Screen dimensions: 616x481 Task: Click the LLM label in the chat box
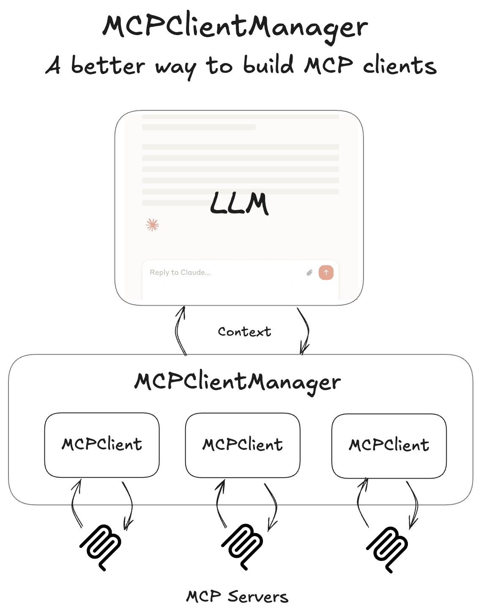coord(239,203)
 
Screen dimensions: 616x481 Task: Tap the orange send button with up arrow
coord(326,273)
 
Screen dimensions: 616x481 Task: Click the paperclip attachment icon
coord(309,273)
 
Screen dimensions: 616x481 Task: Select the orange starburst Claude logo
coord(153,225)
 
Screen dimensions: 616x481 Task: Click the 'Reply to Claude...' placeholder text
coord(180,273)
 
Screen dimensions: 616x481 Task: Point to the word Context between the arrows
coord(244,332)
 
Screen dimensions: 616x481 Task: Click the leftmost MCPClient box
coord(102,445)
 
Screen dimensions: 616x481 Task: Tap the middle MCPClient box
coord(243,445)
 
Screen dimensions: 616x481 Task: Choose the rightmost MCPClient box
coord(389,446)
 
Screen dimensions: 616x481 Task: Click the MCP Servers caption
coord(237,597)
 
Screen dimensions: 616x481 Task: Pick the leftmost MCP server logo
coord(101,547)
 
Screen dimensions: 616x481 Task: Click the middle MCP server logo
coord(243,546)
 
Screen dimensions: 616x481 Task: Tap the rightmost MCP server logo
coord(387,549)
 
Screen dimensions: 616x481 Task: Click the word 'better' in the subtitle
coord(108,66)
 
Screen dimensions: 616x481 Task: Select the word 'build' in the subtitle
coord(268,66)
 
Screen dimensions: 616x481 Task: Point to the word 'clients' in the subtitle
coord(400,66)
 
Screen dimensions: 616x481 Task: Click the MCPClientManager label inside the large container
coord(238,382)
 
